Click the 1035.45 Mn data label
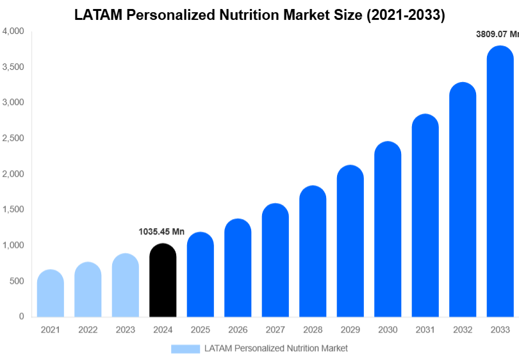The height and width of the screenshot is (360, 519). (161, 231)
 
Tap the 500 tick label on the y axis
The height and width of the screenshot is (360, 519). (17, 281)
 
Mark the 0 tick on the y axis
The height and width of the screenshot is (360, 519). (21, 316)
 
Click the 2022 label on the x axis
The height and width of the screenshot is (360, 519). (88, 330)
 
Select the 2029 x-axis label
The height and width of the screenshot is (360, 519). (350, 330)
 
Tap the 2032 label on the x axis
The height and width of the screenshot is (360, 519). (462, 330)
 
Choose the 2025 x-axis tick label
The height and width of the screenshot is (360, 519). (200, 330)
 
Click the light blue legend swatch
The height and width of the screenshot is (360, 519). (185, 348)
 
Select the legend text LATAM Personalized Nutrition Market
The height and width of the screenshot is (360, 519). (276, 348)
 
